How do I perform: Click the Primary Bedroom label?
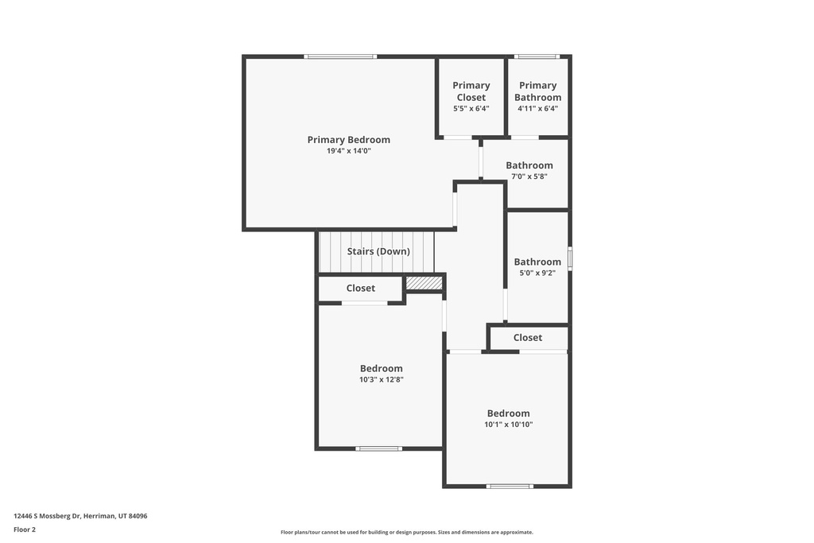pyautogui.click(x=348, y=140)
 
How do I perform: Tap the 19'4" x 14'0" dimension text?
pyautogui.click(x=348, y=150)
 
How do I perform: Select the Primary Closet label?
pyautogui.click(x=471, y=91)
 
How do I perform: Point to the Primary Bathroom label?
pyautogui.click(x=537, y=91)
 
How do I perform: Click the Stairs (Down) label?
pyautogui.click(x=378, y=251)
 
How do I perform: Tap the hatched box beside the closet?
pyautogui.click(x=424, y=283)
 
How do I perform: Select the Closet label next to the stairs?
pyautogui.click(x=361, y=288)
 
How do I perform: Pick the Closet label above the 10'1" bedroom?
pyautogui.click(x=528, y=338)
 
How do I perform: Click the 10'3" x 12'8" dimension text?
pyautogui.click(x=382, y=379)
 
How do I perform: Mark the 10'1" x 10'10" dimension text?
pyautogui.click(x=509, y=425)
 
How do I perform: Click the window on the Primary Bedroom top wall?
pyautogui.click(x=340, y=56)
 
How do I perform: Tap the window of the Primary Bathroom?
pyautogui.click(x=537, y=56)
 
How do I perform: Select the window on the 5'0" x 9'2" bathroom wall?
pyautogui.click(x=570, y=259)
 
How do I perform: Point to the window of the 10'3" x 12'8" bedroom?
pyautogui.click(x=378, y=448)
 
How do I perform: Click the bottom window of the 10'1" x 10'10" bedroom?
pyautogui.click(x=510, y=486)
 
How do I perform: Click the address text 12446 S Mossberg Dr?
pyautogui.click(x=80, y=516)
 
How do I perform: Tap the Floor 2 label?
pyautogui.click(x=25, y=529)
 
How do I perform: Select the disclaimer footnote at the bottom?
pyautogui.click(x=406, y=533)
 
